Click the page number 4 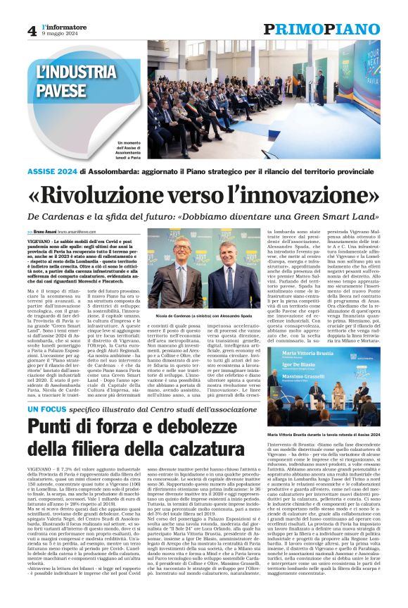point(32,30)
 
